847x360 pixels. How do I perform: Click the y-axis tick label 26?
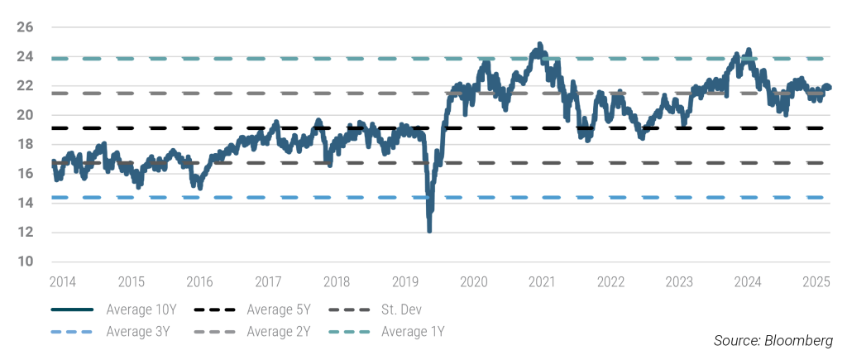tap(24, 27)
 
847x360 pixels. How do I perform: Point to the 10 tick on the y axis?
tap(24, 262)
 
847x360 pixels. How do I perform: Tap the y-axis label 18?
tap(24, 145)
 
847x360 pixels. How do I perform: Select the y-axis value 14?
tap(24, 203)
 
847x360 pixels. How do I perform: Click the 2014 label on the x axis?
tap(62, 281)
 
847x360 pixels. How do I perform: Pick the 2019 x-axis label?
tap(405, 281)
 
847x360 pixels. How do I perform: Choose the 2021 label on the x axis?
tap(542, 281)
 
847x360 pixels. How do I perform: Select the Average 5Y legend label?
tap(278, 311)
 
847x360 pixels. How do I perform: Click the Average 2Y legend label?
tap(278, 332)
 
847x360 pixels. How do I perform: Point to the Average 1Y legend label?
tap(413, 332)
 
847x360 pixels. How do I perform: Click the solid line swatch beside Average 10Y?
tap(72, 311)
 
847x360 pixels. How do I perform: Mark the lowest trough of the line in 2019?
tap(429, 231)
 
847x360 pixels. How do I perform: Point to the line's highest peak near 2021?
tap(539, 44)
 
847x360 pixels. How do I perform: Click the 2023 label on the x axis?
tap(678, 281)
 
